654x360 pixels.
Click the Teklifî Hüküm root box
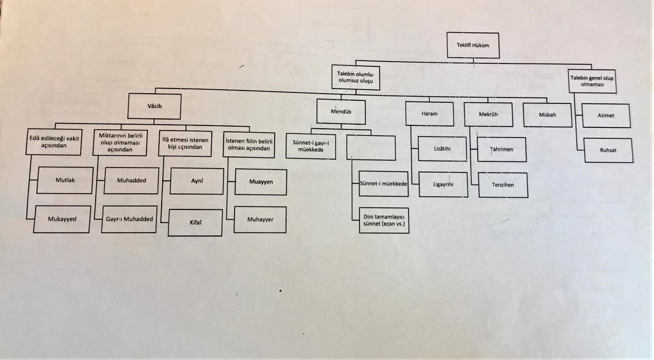coord(473,45)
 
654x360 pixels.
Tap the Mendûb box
coord(341,112)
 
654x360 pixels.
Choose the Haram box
coord(429,114)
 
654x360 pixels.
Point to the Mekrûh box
coord(488,114)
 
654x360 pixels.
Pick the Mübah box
coord(547,114)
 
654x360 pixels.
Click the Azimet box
coord(606,115)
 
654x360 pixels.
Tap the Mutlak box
coord(65,180)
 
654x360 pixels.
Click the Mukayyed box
coord(62,219)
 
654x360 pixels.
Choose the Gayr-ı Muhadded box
coord(130,219)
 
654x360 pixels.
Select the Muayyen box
coord(260,182)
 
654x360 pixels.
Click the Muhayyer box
coord(260,220)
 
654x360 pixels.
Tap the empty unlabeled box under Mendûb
coord(370,147)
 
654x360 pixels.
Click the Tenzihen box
coord(503,185)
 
